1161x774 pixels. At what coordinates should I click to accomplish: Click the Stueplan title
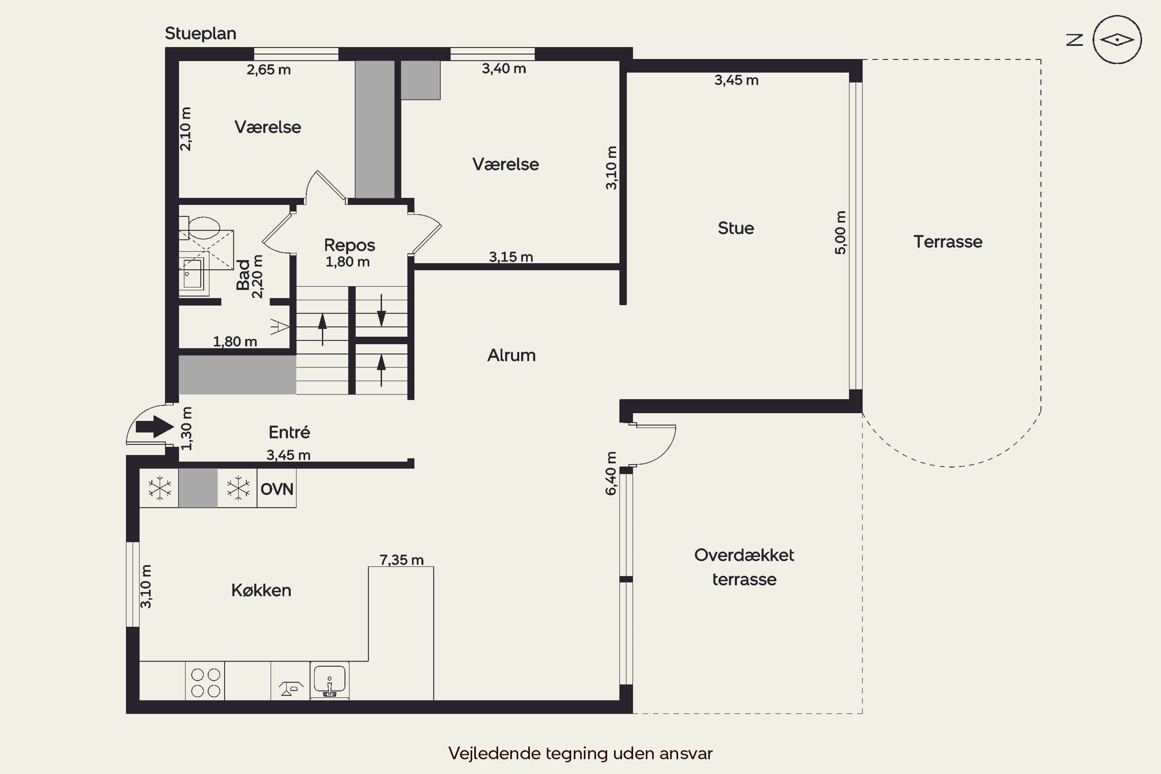coord(200,34)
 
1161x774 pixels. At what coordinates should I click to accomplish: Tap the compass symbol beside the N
coord(1116,39)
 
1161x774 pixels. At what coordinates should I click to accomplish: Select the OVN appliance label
coord(276,489)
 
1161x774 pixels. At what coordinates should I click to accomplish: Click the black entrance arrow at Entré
coord(154,426)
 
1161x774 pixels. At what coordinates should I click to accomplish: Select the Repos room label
coord(349,245)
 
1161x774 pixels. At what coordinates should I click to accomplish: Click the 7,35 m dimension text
coord(401,560)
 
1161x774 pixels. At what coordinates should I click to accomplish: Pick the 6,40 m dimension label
coord(611,473)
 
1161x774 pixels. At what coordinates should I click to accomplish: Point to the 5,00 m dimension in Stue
coord(840,233)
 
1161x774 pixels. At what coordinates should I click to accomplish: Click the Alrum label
coord(511,355)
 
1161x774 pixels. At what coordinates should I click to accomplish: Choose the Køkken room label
coord(261,591)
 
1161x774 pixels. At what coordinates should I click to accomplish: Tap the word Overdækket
coord(744,555)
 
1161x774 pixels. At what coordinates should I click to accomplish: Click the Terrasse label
coord(947,242)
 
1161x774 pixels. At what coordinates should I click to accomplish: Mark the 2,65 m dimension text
coord(269,70)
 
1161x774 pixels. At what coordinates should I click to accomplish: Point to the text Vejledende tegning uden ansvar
coord(580,753)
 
